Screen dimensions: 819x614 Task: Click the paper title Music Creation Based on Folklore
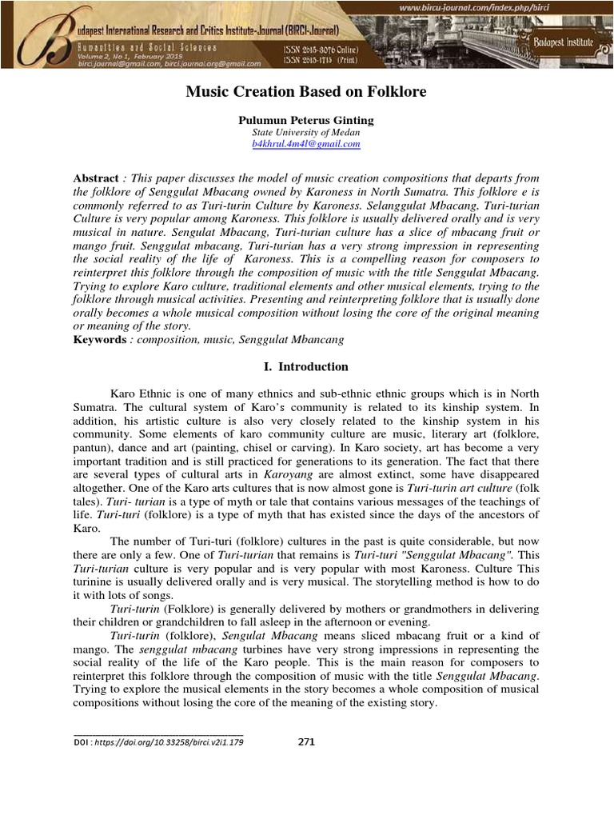(306, 93)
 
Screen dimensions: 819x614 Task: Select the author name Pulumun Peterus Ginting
(306, 120)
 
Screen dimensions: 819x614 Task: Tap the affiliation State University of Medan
(306, 132)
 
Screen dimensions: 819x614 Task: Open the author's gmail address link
(306, 144)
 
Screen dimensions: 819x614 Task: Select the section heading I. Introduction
(306, 367)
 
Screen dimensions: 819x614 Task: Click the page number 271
(306, 741)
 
